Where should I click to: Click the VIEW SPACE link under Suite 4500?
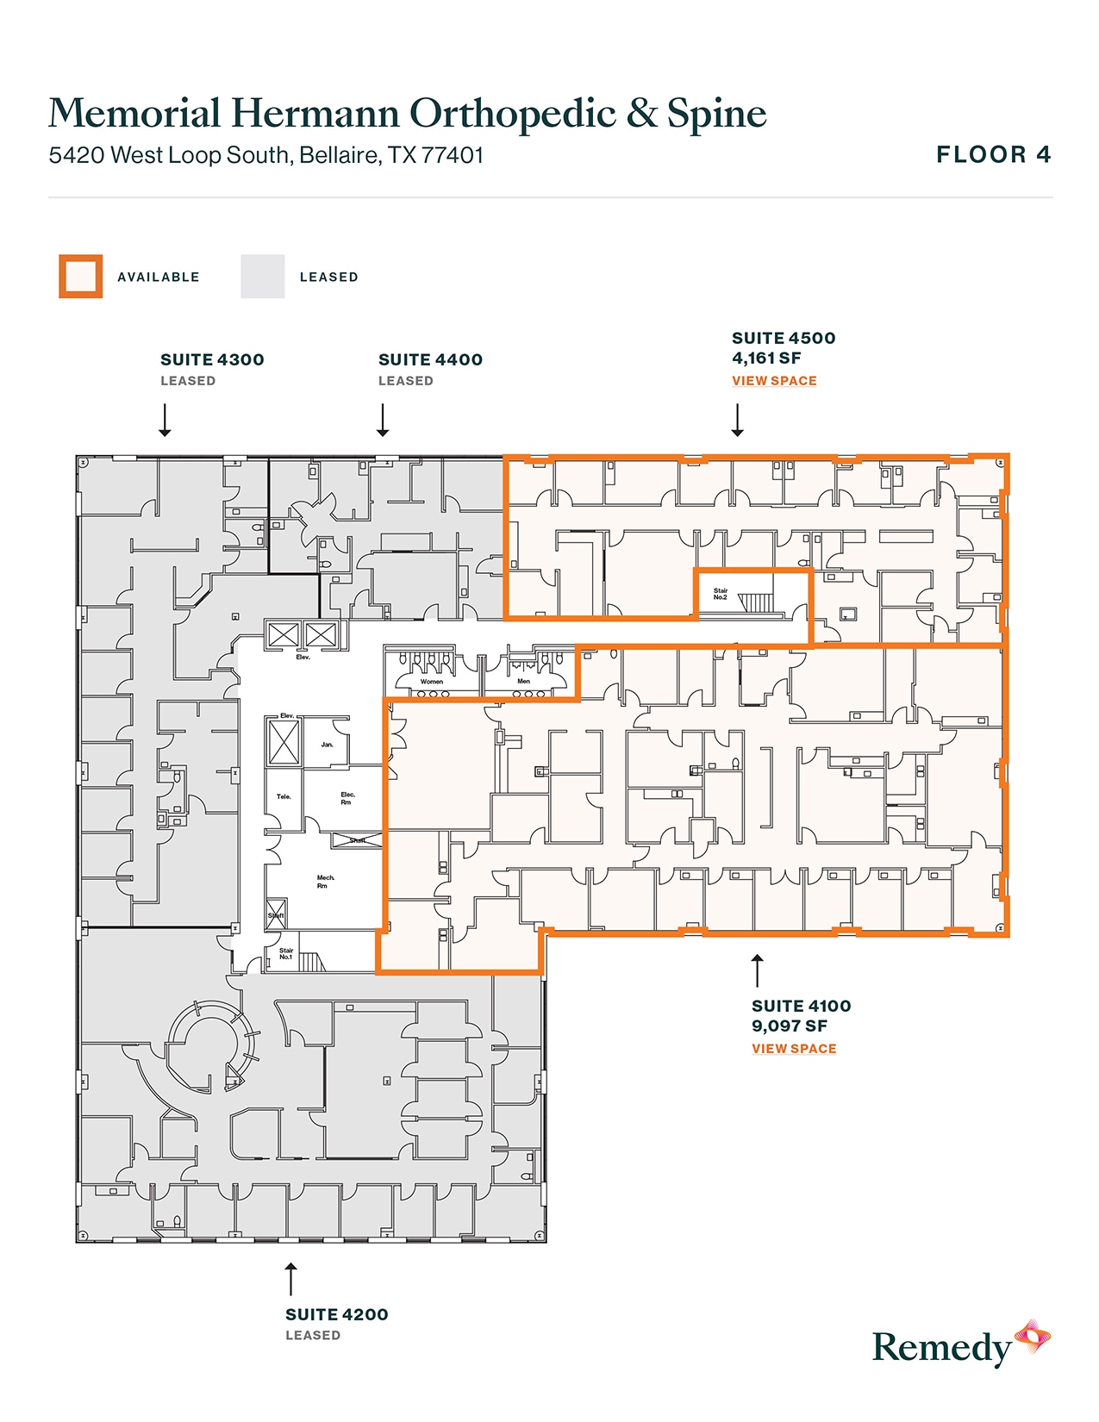pos(774,381)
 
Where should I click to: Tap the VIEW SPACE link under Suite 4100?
pos(794,1049)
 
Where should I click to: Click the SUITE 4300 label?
pos(212,360)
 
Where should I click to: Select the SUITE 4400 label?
pos(430,360)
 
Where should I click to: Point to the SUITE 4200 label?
pos(336,1315)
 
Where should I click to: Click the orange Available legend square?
pos(81,277)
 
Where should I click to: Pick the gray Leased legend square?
pos(263,277)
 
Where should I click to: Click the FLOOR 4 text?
pos(994,155)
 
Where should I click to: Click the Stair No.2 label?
pos(721,594)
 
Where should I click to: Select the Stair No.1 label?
pos(285,954)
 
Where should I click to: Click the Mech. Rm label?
pos(325,882)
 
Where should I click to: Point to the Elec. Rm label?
pos(347,798)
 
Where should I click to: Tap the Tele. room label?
pos(284,797)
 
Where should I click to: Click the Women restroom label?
pos(432,682)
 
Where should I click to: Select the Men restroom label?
pos(523,682)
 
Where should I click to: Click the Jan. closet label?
pos(327,745)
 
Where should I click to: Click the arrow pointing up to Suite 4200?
pos(291,1279)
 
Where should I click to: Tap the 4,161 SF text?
pos(766,359)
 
